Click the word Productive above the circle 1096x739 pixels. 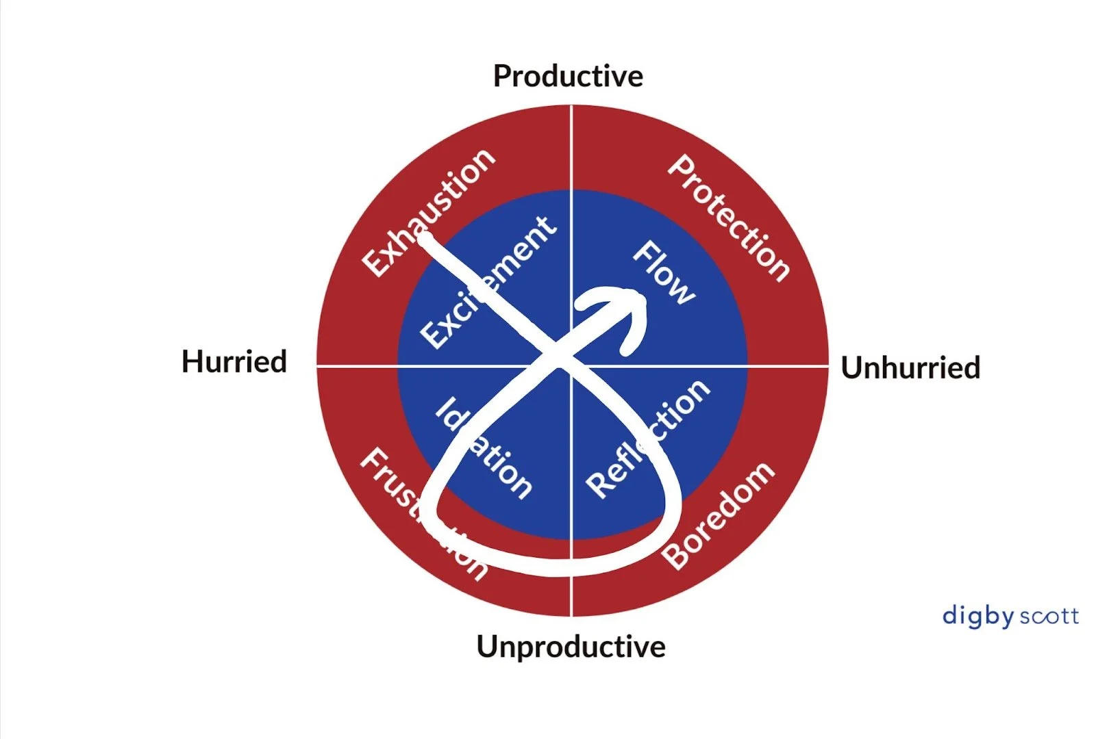568,76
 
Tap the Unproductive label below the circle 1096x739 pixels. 571,646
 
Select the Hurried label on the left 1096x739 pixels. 234,361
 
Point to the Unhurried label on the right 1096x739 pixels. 910,367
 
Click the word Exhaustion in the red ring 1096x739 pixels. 428,212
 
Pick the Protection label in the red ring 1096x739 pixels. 730,218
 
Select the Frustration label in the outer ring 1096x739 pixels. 423,513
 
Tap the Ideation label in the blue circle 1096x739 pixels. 484,448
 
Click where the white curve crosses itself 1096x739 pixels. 556,356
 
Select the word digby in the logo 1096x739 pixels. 977,616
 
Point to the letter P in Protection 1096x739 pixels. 681,168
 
